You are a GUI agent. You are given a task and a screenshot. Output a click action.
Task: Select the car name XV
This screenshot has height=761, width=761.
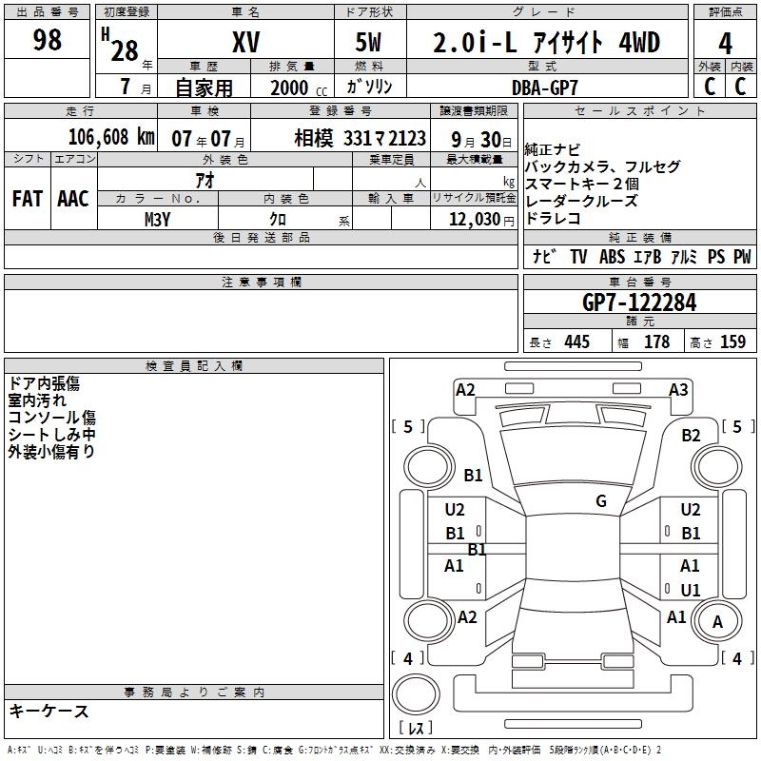click(x=245, y=43)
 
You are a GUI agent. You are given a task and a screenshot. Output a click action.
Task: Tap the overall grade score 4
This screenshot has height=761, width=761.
click(x=725, y=43)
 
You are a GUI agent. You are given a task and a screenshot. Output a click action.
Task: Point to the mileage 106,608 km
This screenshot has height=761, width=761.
click(x=109, y=137)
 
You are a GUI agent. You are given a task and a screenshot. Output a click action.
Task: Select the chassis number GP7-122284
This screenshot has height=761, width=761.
click(x=638, y=303)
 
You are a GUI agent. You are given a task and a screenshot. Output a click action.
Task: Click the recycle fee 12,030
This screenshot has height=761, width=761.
click(x=473, y=219)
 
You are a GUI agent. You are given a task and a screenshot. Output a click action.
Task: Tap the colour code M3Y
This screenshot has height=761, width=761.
click(x=157, y=219)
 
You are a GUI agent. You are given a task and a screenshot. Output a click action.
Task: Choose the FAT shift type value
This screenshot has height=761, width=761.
click(x=27, y=199)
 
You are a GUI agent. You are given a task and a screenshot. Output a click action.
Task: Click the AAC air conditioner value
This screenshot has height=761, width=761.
click(x=73, y=199)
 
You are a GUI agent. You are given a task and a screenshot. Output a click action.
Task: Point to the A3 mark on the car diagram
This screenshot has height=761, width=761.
click(x=678, y=389)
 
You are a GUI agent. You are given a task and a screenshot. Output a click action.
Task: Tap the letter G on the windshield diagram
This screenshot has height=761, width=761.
click(x=601, y=501)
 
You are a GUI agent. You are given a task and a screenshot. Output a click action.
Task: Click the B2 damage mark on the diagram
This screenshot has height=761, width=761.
click(x=691, y=435)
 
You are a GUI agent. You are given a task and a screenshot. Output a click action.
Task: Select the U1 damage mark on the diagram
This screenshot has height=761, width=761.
click(x=691, y=590)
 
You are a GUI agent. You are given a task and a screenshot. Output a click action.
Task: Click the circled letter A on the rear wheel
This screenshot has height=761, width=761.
click(x=717, y=622)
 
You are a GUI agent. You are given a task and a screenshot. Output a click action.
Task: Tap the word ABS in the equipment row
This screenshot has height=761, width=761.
click(x=612, y=257)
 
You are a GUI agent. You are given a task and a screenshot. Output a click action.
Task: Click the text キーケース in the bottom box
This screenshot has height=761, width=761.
click(x=49, y=711)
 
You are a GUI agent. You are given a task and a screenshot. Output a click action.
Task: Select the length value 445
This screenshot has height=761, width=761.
click(x=576, y=342)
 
